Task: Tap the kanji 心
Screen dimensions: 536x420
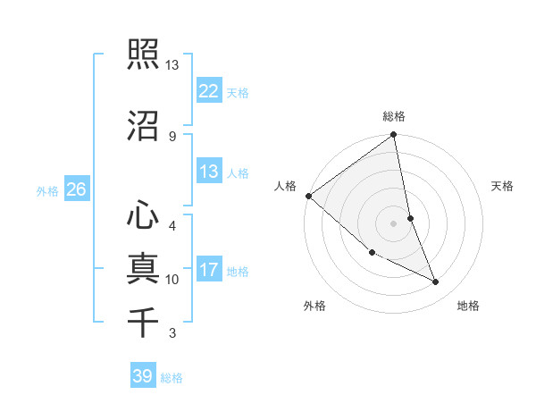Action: coord(144,214)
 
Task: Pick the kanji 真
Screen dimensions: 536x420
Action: coord(144,267)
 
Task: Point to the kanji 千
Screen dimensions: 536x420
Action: coord(144,321)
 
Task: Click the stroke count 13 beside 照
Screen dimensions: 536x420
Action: coord(172,65)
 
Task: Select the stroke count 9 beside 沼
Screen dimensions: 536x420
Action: coord(172,136)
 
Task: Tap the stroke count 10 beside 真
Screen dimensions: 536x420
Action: coord(172,280)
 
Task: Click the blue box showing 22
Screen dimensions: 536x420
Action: coord(208,90)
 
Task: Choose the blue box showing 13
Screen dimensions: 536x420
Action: coord(208,171)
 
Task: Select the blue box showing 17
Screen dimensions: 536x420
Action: coord(208,269)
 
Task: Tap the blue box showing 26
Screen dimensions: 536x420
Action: coord(76,189)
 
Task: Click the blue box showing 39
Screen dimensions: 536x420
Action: coord(142,376)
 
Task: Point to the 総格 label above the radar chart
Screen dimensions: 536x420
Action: coord(394,116)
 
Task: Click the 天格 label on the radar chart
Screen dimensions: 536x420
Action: coord(502,186)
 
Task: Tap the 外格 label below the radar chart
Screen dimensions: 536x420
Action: coord(314,306)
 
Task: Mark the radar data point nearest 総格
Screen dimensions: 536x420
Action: coord(394,136)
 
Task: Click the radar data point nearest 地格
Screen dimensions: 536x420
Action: coord(436,282)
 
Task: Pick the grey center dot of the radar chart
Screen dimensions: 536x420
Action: coord(394,223)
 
